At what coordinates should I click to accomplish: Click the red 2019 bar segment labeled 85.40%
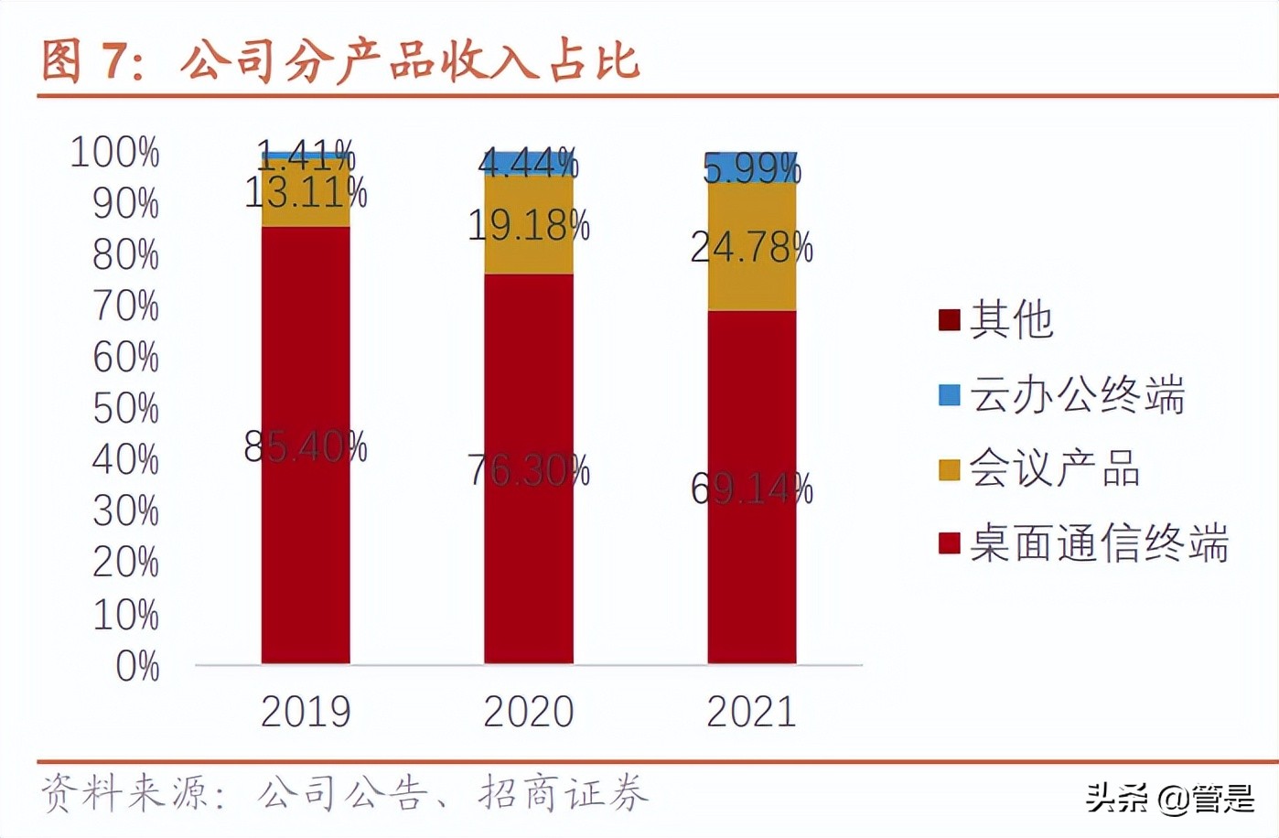(306, 549)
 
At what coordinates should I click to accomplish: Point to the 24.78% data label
(751, 248)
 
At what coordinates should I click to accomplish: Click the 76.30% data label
(529, 471)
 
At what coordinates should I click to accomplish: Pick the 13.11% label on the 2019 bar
(306, 193)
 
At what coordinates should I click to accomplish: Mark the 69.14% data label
(751, 489)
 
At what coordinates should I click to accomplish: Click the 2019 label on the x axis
(306, 712)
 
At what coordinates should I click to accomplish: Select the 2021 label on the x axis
(751, 712)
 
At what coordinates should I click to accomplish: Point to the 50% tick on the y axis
(126, 409)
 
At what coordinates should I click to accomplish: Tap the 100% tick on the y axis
(115, 152)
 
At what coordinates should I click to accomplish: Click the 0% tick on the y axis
(137, 666)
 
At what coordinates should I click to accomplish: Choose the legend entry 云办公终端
(1077, 394)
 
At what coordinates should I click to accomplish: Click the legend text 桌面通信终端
(1098, 543)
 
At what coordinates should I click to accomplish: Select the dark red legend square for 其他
(949, 320)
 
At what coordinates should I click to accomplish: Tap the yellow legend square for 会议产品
(949, 469)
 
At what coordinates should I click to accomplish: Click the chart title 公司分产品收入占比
(409, 61)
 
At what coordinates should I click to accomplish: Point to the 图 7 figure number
(91, 61)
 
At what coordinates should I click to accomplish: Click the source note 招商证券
(563, 793)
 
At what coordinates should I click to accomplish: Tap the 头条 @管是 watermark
(1170, 799)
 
